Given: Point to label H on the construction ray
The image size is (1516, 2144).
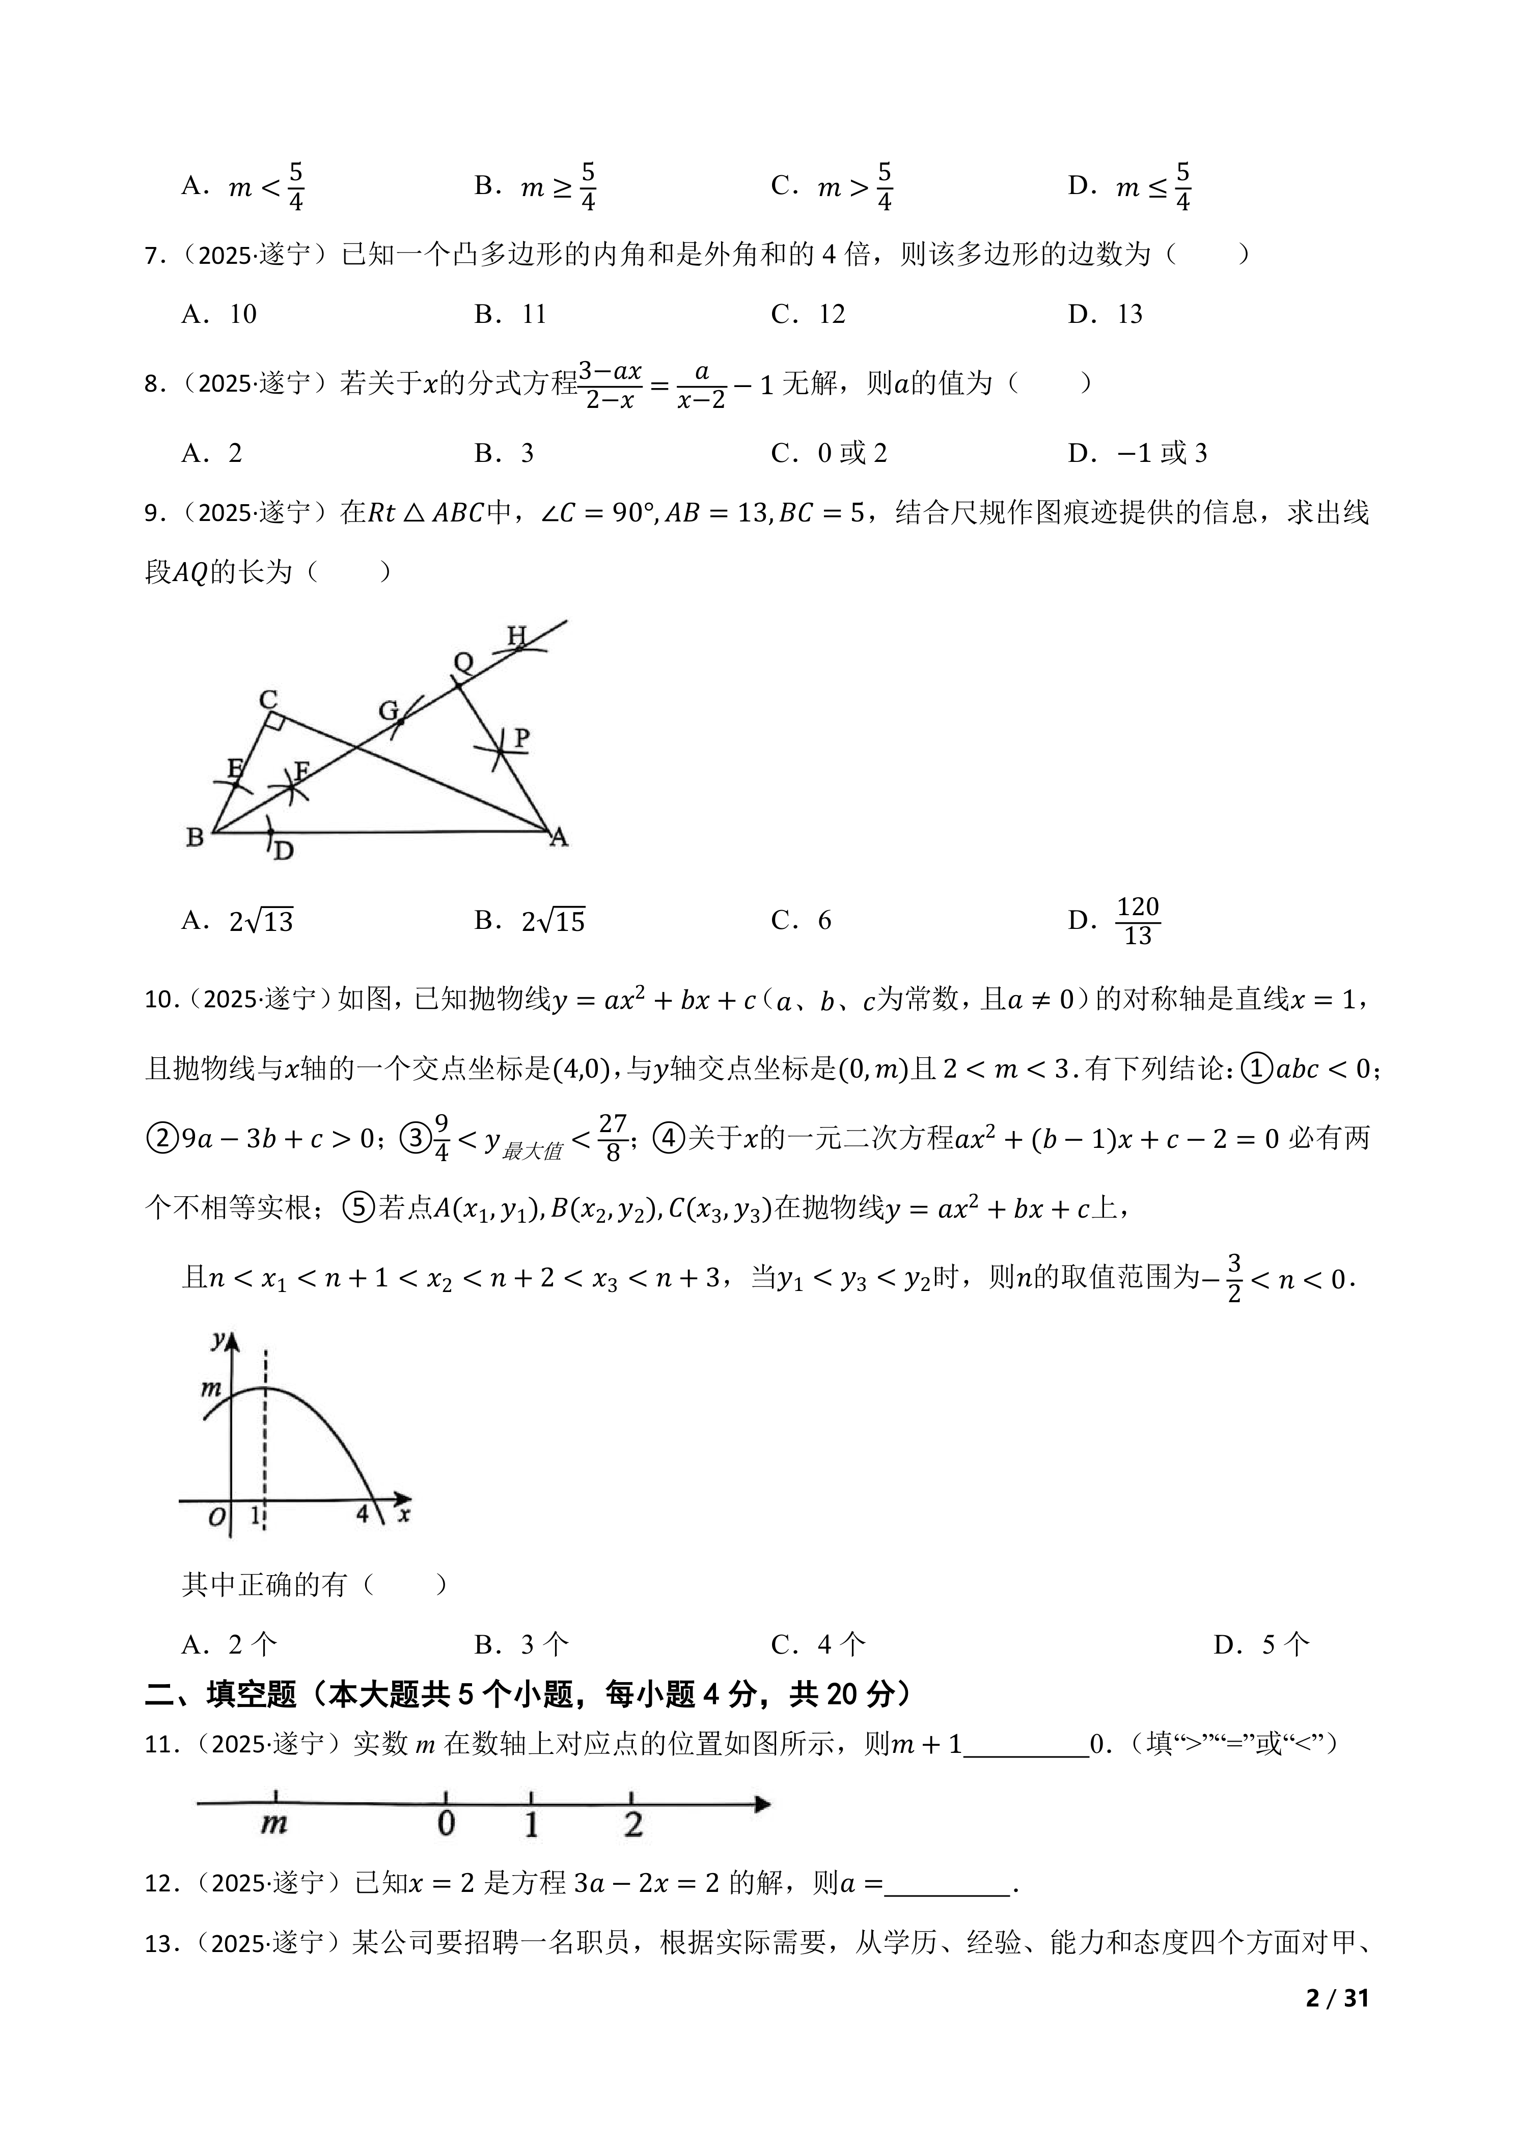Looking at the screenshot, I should pyautogui.click(x=516, y=636).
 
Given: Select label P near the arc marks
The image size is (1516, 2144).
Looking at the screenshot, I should pyautogui.click(x=521, y=738).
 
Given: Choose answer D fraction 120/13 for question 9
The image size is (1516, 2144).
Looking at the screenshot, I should pyautogui.click(x=1137, y=921).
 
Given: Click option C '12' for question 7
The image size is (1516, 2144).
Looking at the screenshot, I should pyautogui.click(x=831, y=314).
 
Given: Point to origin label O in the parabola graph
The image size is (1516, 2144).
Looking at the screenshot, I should pyautogui.click(x=215, y=1518).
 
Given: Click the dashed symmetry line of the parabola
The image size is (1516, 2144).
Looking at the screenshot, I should pyautogui.click(x=265, y=1456).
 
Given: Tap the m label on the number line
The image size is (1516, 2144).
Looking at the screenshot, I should pyautogui.click(x=273, y=1823).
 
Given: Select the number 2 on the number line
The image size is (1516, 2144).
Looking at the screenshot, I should pyautogui.click(x=633, y=1824).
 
